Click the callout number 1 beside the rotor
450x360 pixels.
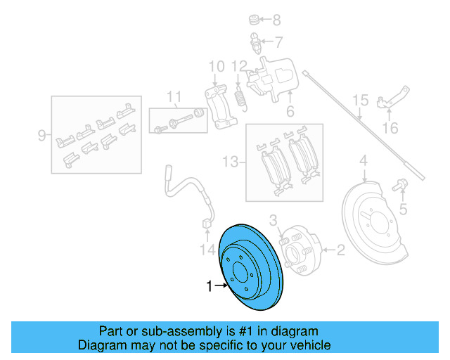(208, 286)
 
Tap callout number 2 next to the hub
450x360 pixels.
(340, 249)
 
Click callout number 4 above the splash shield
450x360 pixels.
(364, 163)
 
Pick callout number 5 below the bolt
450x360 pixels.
(403, 209)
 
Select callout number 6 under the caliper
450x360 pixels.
(289, 112)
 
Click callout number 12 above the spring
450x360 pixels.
(240, 67)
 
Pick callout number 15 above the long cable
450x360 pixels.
(360, 101)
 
